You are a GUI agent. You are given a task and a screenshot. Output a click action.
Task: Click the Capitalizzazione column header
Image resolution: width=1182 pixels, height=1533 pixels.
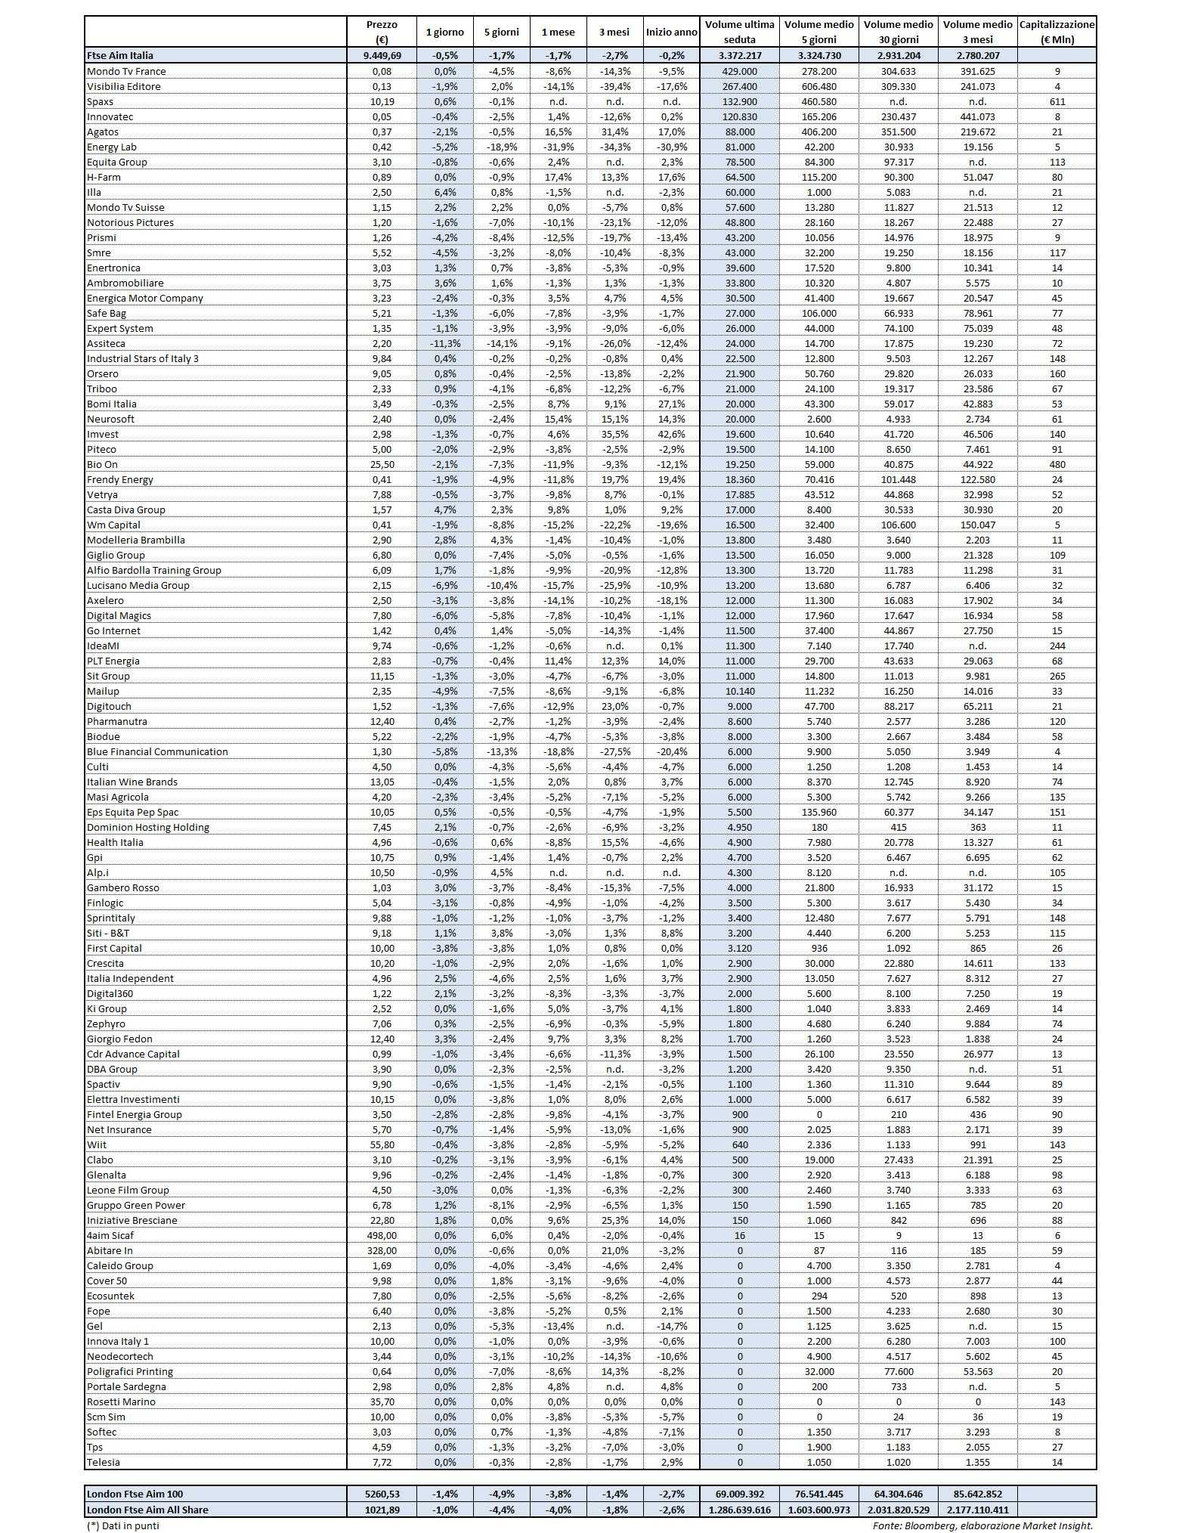tap(1057, 32)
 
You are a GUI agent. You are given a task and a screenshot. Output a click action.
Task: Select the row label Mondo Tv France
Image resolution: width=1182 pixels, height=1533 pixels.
tap(126, 71)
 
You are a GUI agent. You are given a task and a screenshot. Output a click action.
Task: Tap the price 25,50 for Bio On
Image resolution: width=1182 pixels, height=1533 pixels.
tap(382, 464)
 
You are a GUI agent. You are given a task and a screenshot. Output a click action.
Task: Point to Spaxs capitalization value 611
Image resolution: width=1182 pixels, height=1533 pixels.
tap(1057, 101)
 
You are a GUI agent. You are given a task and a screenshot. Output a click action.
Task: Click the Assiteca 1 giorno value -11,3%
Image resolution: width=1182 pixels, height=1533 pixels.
tap(445, 343)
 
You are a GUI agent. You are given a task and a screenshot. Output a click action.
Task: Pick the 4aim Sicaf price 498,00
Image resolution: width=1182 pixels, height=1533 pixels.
tap(382, 1235)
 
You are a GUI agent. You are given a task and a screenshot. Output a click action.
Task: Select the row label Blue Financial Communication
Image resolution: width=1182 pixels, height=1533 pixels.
tap(157, 751)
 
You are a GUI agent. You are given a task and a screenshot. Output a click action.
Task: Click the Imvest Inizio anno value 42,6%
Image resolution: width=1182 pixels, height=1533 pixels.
tap(671, 434)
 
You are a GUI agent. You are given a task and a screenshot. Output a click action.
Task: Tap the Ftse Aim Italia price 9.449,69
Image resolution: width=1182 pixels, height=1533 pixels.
tap(382, 55)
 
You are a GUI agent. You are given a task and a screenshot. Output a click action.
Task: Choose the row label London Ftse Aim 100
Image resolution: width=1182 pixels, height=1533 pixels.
tap(135, 1494)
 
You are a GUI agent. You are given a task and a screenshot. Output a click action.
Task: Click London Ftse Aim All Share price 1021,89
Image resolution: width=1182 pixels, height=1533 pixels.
tap(382, 1510)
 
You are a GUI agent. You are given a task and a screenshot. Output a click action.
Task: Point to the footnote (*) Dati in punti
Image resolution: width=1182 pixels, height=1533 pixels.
tap(123, 1525)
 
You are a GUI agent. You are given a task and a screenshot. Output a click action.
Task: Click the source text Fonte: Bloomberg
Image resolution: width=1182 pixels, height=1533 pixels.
tap(982, 1525)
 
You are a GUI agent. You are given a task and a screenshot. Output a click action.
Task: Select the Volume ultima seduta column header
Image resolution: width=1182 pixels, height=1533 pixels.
tap(739, 32)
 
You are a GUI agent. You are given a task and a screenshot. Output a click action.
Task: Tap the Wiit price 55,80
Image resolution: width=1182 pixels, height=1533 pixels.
tap(382, 1144)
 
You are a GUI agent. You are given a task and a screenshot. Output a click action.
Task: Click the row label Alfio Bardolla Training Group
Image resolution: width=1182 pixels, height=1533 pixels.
tap(154, 570)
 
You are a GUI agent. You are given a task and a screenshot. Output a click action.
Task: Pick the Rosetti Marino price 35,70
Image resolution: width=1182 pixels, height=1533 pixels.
tap(382, 1401)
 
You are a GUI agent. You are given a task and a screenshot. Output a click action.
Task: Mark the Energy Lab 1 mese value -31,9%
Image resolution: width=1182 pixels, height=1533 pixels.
tap(558, 147)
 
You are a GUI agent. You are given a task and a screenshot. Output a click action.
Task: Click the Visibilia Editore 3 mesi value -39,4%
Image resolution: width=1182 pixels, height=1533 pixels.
tap(614, 86)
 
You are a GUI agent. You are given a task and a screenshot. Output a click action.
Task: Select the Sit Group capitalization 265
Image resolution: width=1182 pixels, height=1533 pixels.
tap(1057, 676)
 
